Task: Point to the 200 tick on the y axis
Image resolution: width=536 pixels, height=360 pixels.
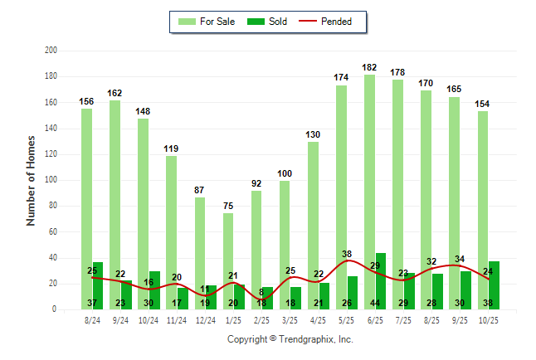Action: (x=51, y=51)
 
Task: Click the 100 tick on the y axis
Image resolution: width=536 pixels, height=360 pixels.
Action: (x=51, y=180)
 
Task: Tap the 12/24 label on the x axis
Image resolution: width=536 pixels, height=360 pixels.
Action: (x=206, y=319)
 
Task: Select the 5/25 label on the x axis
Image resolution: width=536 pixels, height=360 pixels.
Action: (x=347, y=319)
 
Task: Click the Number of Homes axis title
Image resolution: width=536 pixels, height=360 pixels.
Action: (x=32, y=180)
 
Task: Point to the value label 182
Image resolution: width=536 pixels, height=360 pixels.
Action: (x=370, y=67)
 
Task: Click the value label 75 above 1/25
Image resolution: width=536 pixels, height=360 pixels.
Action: (x=228, y=206)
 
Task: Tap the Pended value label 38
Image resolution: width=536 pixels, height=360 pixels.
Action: (x=347, y=254)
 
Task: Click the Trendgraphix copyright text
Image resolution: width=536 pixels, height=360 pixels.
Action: (x=290, y=339)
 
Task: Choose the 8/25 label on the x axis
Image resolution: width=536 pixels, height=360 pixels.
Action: (x=431, y=319)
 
